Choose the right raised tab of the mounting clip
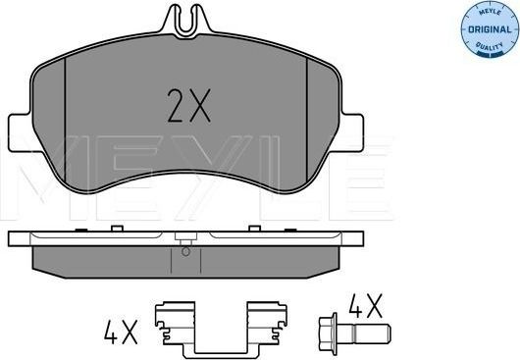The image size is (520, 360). (x=261, y=312)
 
